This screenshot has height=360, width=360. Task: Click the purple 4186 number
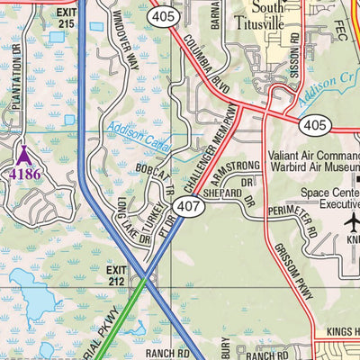[24, 173]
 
